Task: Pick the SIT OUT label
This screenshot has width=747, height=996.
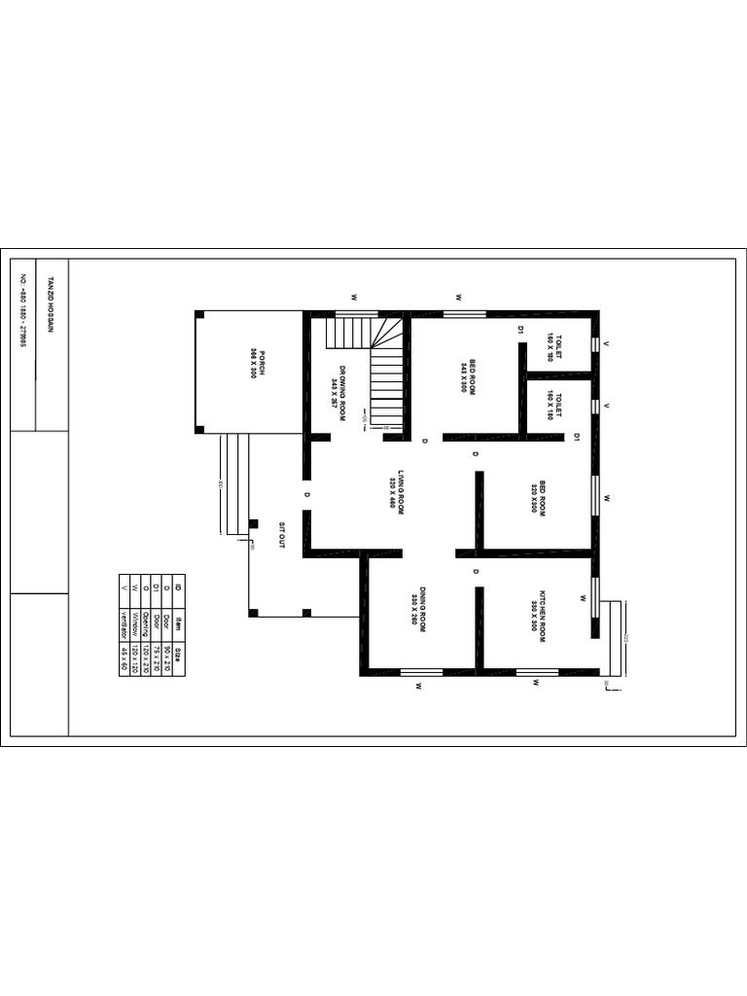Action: (282, 536)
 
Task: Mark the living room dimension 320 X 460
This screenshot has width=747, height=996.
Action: (391, 494)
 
